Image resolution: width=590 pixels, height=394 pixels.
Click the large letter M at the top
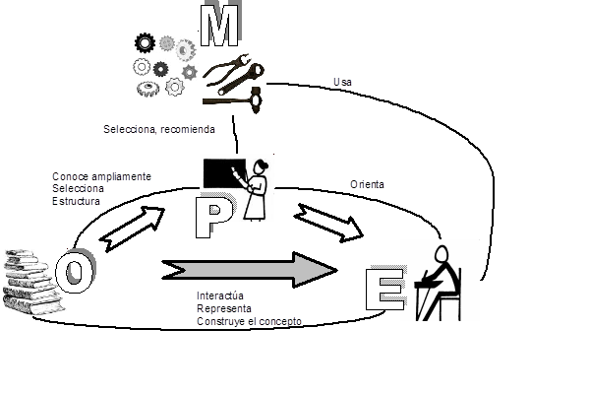219,25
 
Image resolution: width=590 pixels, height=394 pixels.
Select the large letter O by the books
76,270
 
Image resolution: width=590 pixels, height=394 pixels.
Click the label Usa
342,82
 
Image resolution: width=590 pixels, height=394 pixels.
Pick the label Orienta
367,184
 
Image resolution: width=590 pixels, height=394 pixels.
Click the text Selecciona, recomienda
159,129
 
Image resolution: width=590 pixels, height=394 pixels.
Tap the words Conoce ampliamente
101,176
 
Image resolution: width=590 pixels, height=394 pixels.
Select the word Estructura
76,201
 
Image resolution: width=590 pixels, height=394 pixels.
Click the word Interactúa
220,295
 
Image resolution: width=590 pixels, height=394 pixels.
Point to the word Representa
224,308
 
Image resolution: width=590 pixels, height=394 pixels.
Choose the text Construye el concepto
249,321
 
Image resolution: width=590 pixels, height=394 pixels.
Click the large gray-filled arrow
250,270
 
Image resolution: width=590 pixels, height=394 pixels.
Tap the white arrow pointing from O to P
132,229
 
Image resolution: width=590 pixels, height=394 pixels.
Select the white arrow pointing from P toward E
328,224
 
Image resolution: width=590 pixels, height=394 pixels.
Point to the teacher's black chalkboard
224,173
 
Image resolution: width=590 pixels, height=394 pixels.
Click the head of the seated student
442,254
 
